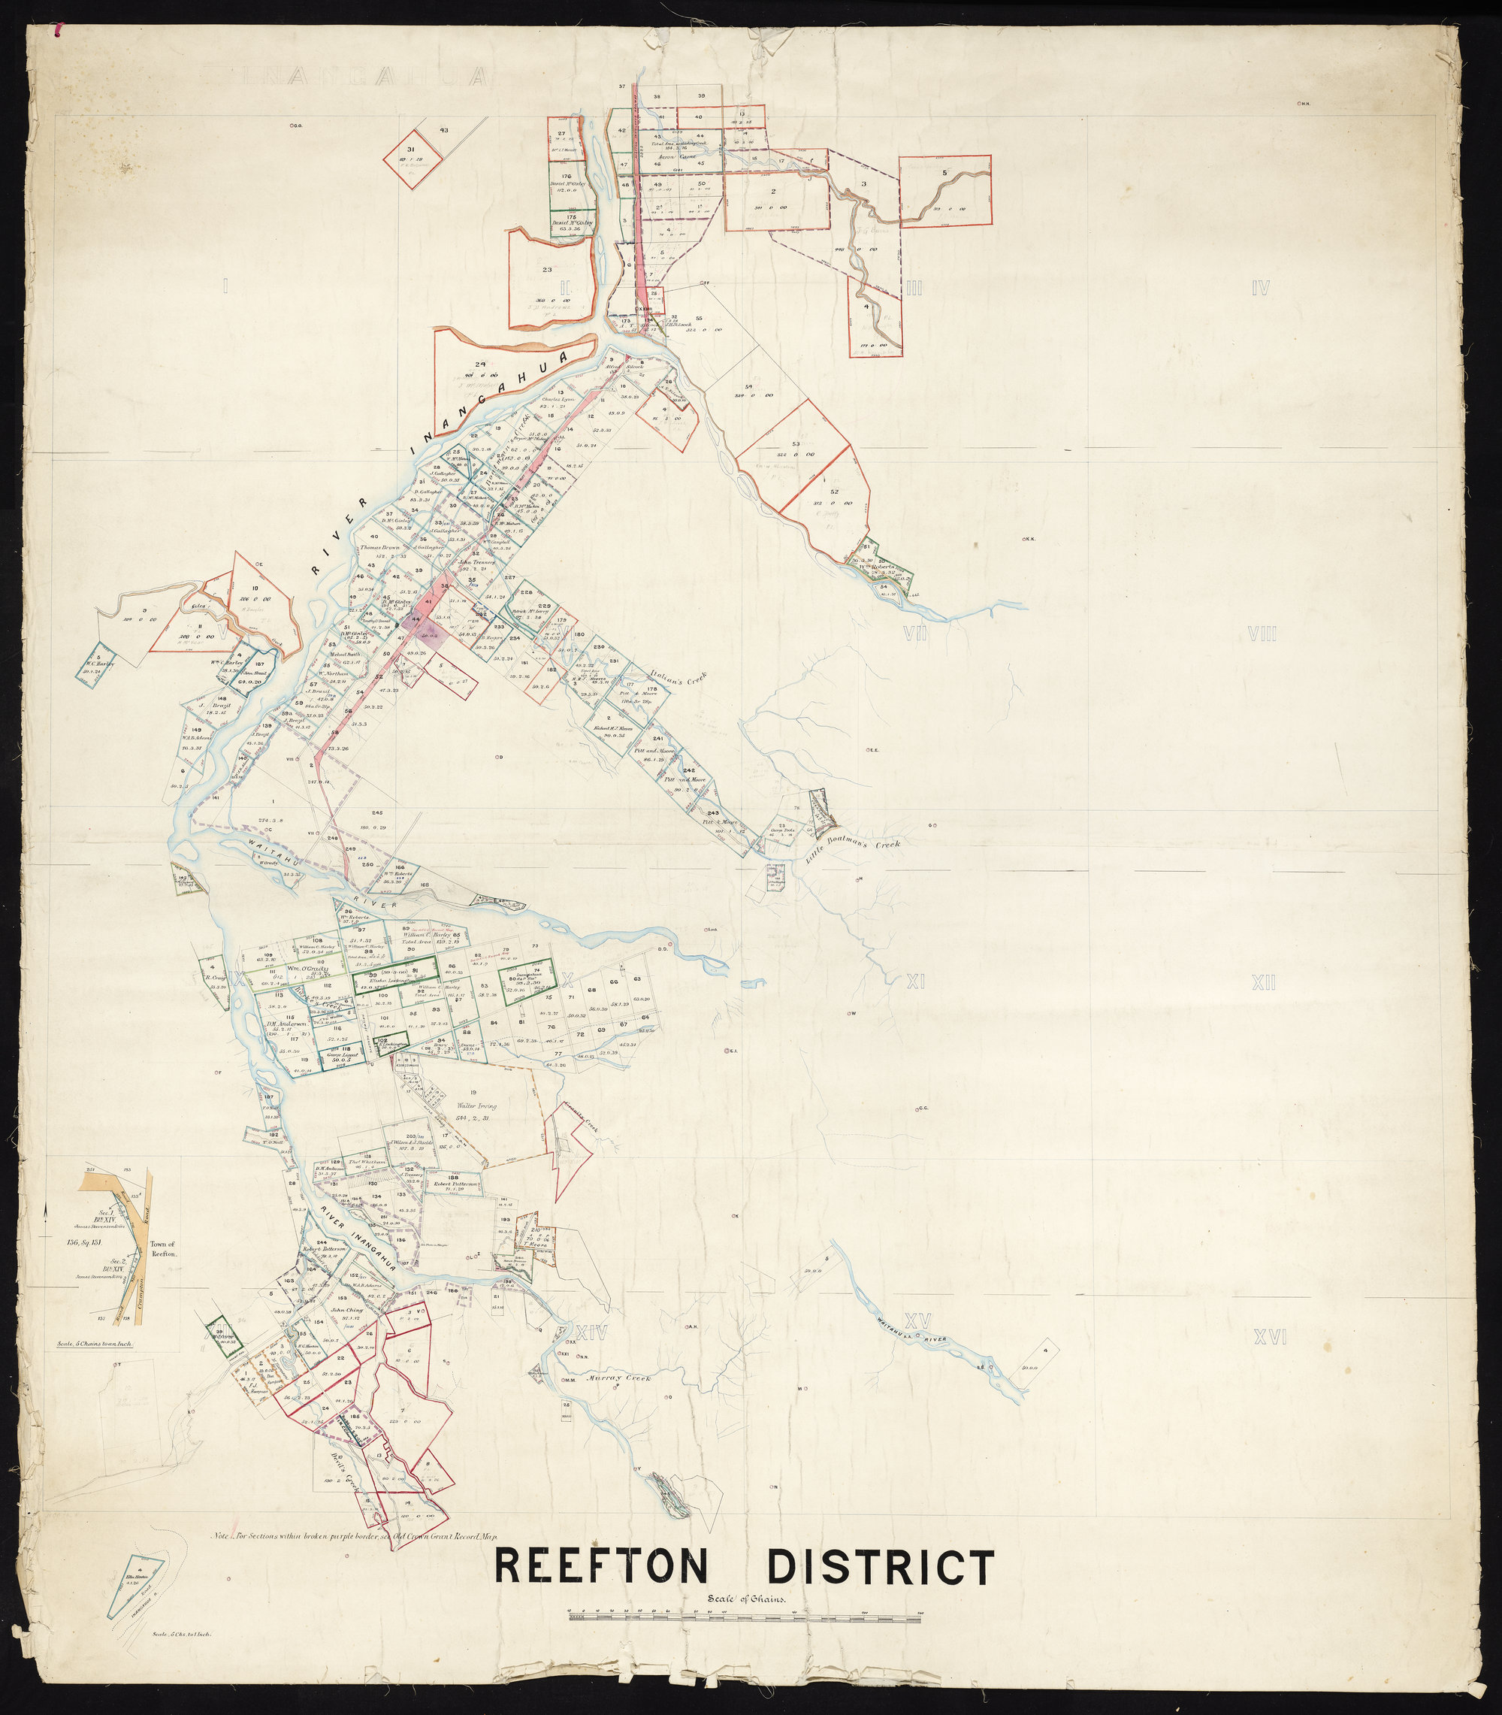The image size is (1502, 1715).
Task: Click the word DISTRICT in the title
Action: (880, 1565)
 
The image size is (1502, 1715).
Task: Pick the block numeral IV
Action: (1260, 289)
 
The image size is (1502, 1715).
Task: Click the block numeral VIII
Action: (1262, 634)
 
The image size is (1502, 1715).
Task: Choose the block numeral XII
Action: (1263, 982)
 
